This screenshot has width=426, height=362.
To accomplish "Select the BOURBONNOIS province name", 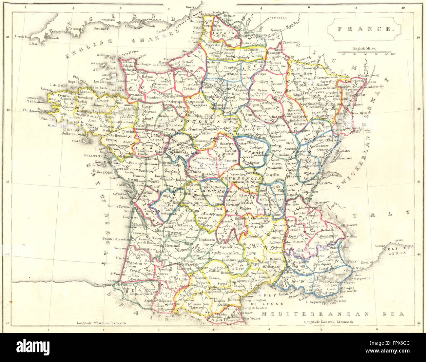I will (x=241, y=178).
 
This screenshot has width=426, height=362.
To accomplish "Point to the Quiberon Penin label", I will (x=77, y=133).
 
